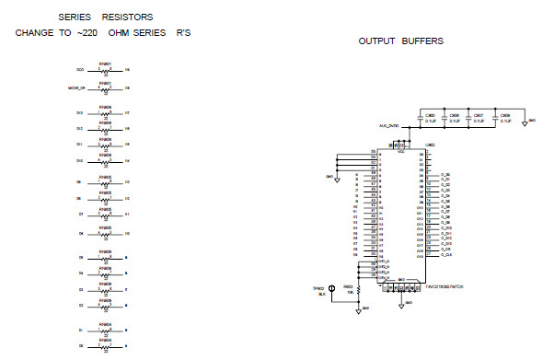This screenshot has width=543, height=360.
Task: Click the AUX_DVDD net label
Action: [x=387, y=125]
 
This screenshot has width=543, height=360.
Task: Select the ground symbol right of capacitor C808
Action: [x=523, y=122]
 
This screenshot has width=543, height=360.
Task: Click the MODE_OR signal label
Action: [x=77, y=88]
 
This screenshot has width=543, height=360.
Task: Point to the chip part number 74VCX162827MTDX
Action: [x=445, y=285]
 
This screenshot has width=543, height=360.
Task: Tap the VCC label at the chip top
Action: [x=401, y=151]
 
